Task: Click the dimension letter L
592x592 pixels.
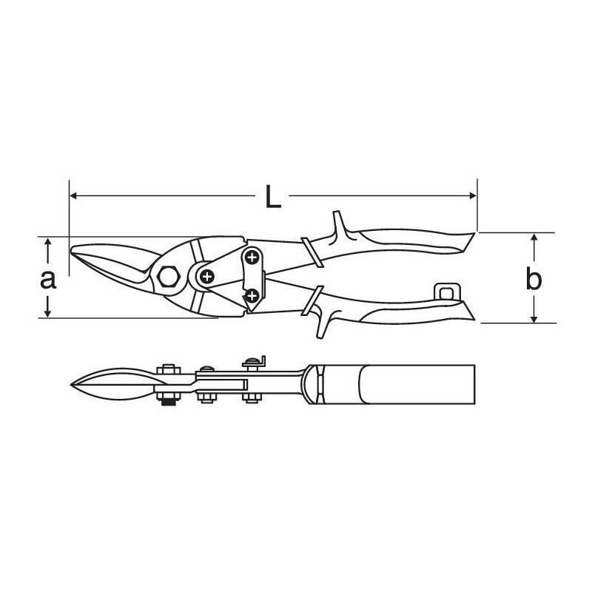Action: click(x=273, y=197)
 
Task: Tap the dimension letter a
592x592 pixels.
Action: click(x=48, y=280)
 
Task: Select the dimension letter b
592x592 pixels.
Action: click(x=534, y=278)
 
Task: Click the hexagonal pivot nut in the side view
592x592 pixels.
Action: click(x=169, y=277)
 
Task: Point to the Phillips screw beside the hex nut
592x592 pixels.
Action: click(x=207, y=276)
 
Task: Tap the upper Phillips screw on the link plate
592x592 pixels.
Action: click(x=251, y=258)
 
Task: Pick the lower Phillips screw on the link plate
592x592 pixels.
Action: click(x=252, y=295)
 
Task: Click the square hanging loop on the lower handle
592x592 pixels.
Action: click(x=447, y=292)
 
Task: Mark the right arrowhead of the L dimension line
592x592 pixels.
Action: click(x=472, y=195)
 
